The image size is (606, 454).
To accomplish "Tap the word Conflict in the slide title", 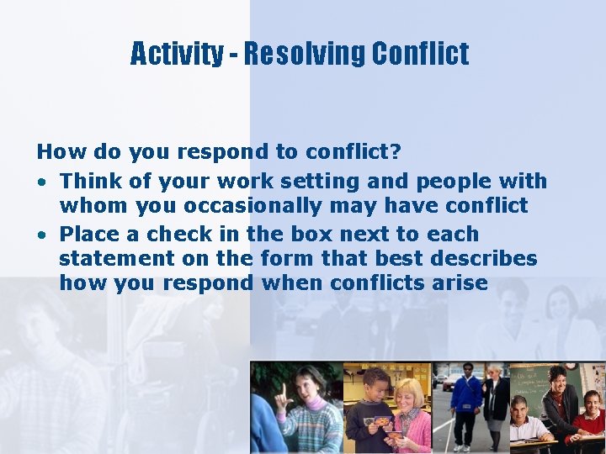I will point(420,55).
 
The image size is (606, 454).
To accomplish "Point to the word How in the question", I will point(55,152).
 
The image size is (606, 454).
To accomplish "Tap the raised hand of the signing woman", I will point(284,393).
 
